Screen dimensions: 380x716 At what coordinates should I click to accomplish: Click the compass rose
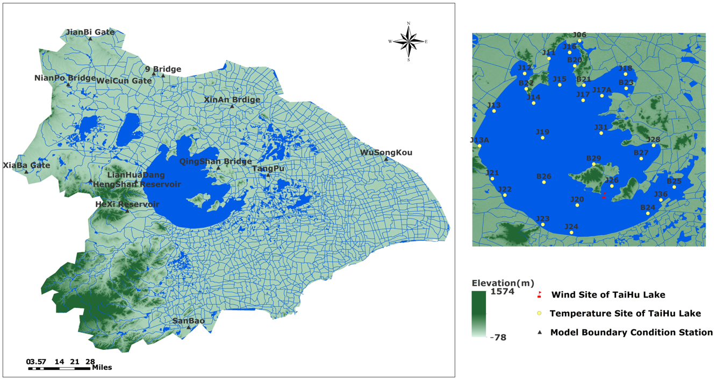click(x=409, y=41)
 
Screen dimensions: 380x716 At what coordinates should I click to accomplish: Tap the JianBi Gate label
click(x=90, y=32)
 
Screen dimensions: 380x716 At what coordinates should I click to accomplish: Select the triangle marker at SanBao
click(x=189, y=327)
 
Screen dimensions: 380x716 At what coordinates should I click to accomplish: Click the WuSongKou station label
click(x=386, y=152)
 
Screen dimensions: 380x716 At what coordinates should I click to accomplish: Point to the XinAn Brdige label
click(x=232, y=100)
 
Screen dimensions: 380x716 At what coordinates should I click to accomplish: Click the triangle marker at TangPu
click(x=268, y=175)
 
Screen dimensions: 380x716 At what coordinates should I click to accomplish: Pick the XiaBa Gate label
click(x=26, y=165)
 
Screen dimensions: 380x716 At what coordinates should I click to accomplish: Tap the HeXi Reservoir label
click(x=127, y=204)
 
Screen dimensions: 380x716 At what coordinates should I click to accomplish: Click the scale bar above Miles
click(x=59, y=368)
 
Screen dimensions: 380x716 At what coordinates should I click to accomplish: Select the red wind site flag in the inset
click(x=604, y=195)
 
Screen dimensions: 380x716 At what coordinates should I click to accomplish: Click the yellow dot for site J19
click(x=543, y=138)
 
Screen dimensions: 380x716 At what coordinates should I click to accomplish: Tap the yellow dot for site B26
click(x=544, y=182)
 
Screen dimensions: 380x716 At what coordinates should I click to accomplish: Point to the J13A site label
click(x=479, y=140)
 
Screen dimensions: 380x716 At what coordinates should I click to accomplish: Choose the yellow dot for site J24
click(x=572, y=233)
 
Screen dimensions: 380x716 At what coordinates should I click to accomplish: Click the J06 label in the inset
click(x=579, y=35)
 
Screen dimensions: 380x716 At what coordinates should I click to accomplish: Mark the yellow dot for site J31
click(x=602, y=133)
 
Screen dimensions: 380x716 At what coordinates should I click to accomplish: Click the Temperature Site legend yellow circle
click(x=539, y=313)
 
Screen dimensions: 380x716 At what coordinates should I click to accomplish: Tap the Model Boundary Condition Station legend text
click(x=631, y=333)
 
